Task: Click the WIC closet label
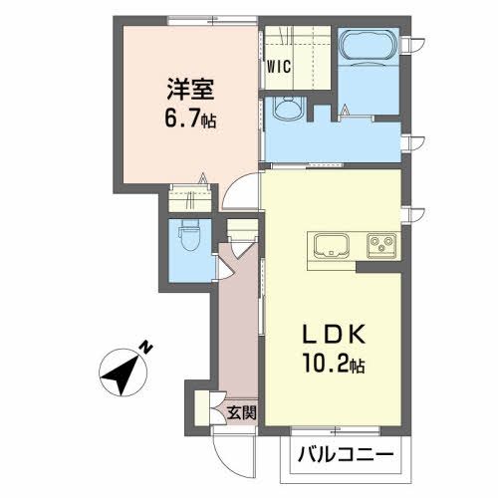coord(279,67)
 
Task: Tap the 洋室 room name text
coord(190,89)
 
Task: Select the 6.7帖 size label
coord(190,119)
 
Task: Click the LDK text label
coord(334,333)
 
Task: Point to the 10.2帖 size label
coord(334,365)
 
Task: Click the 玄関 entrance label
coord(242,413)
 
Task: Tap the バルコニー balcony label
coord(346,454)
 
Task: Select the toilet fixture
coord(189,239)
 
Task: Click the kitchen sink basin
coord(332,246)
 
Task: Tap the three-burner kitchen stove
coord(381,246)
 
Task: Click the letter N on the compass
coord(145,348)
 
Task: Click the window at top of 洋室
coord(212,21)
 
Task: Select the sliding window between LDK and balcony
coord(336,431)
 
